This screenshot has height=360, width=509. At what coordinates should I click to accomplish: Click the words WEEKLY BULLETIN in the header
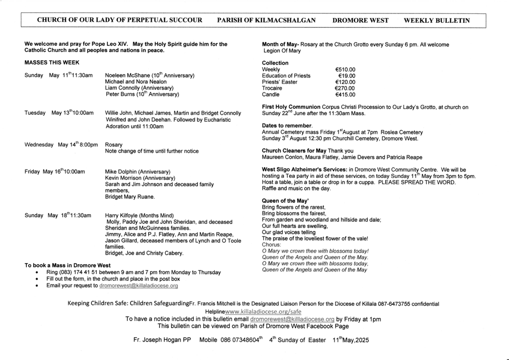[437, 20]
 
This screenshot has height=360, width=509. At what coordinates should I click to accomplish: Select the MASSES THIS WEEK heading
[52, 63]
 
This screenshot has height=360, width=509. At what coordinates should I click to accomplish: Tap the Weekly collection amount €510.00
[345, 70]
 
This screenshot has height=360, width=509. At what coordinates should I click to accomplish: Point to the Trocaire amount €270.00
[345, 88]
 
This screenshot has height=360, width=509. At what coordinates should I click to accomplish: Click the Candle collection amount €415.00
[345, 94]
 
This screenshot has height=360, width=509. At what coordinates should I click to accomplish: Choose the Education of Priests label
[286, 76]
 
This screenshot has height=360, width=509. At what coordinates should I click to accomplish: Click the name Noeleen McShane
[127, 76]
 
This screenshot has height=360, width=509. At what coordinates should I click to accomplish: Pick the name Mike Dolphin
[121, 172]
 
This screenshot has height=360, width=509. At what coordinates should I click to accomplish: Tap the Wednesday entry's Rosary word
[114, 145]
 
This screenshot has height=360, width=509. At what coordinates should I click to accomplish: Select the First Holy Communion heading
[291, 107]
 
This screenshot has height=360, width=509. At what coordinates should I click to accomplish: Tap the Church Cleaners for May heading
[294, 151]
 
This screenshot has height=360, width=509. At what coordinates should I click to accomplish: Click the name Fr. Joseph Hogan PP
[162, 341]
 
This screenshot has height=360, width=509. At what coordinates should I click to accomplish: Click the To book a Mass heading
[68, 266]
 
